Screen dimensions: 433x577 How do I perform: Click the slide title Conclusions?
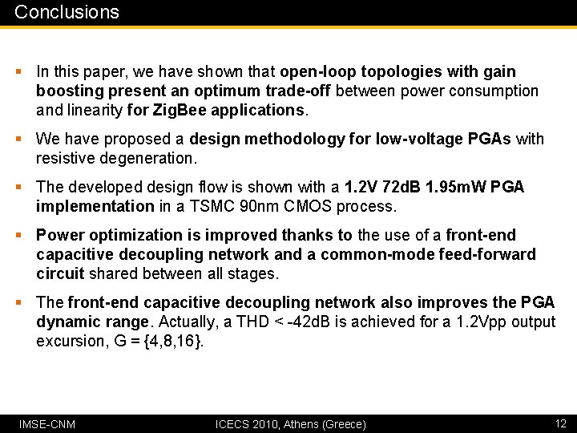pyautogui.click(x=67, y=12)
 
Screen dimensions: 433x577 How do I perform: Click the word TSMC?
pyautogui.click(x=242, y=206)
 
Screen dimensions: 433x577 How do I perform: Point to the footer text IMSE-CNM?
pyautogui.click(x=47, y=423)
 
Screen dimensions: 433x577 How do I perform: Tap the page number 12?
pyautogui.click(x=561, y=423)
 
